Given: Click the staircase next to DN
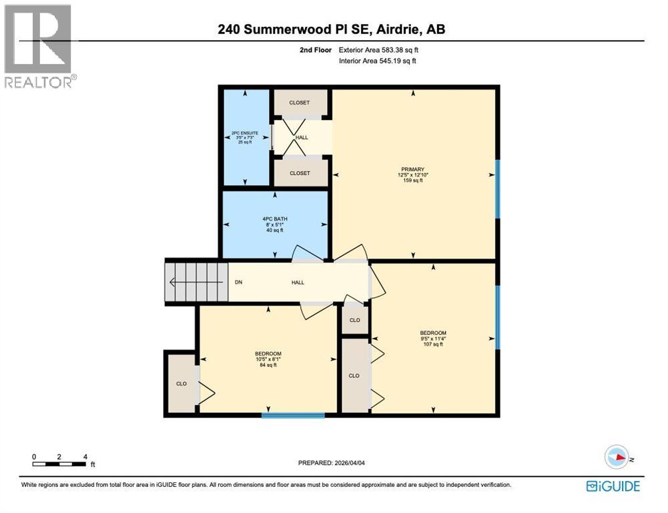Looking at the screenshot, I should (x=197, y=283).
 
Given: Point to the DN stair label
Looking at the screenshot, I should (x=238, y=283).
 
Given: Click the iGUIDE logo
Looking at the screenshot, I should (x=613, y=486).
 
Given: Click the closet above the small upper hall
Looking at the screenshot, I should (x=300, y=103).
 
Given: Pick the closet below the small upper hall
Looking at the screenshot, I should (x=300, y=173).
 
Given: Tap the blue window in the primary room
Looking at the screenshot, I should (x=498, y=189).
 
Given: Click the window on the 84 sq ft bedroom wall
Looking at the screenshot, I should (x=293, y=415).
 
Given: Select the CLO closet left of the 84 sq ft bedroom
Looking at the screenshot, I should (x=181, y=383).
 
